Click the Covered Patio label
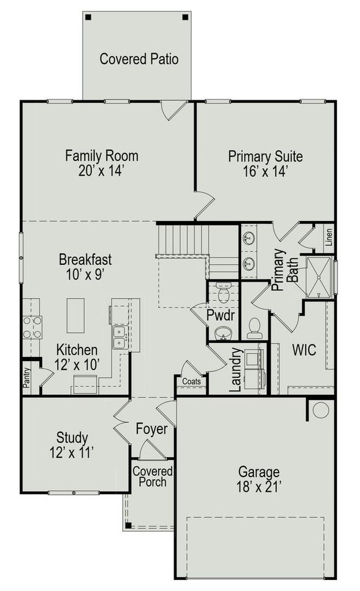[x=139, y=59]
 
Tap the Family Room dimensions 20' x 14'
[x=102, y=171]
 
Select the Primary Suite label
[x=265, y=156]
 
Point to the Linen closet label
[x=329, y=237]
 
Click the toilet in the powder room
[x=224, y=293]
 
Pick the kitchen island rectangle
[x=76, y=316]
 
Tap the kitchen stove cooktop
[x=32, y=328]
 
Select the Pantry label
[x=26, y=377]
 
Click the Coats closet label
[x=192, y=381]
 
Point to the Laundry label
[x=235, y=369]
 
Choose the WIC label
[x=304, y=350]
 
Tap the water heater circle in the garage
[x=321, y=410]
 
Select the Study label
[x=72, y=437]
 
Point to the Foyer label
[x=151, y=429]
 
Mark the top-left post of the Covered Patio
[x=88, y=17]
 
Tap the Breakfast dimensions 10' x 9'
[x=85, y=274]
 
